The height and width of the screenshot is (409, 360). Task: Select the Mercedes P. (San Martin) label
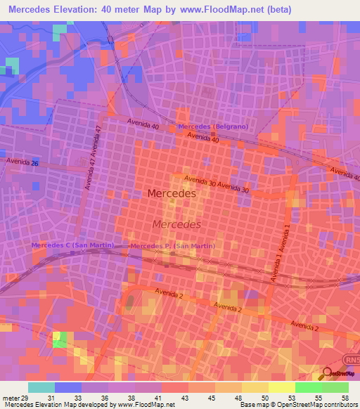[x=172, y=246]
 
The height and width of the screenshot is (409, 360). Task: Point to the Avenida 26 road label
[x=23, y=162]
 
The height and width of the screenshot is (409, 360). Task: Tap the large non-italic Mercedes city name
[x=172, y=193]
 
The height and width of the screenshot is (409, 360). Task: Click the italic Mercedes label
[x=176, y=224]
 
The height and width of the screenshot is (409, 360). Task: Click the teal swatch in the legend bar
[x=41, y=387]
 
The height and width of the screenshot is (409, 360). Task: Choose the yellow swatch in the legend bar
[x=281, y=387]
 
